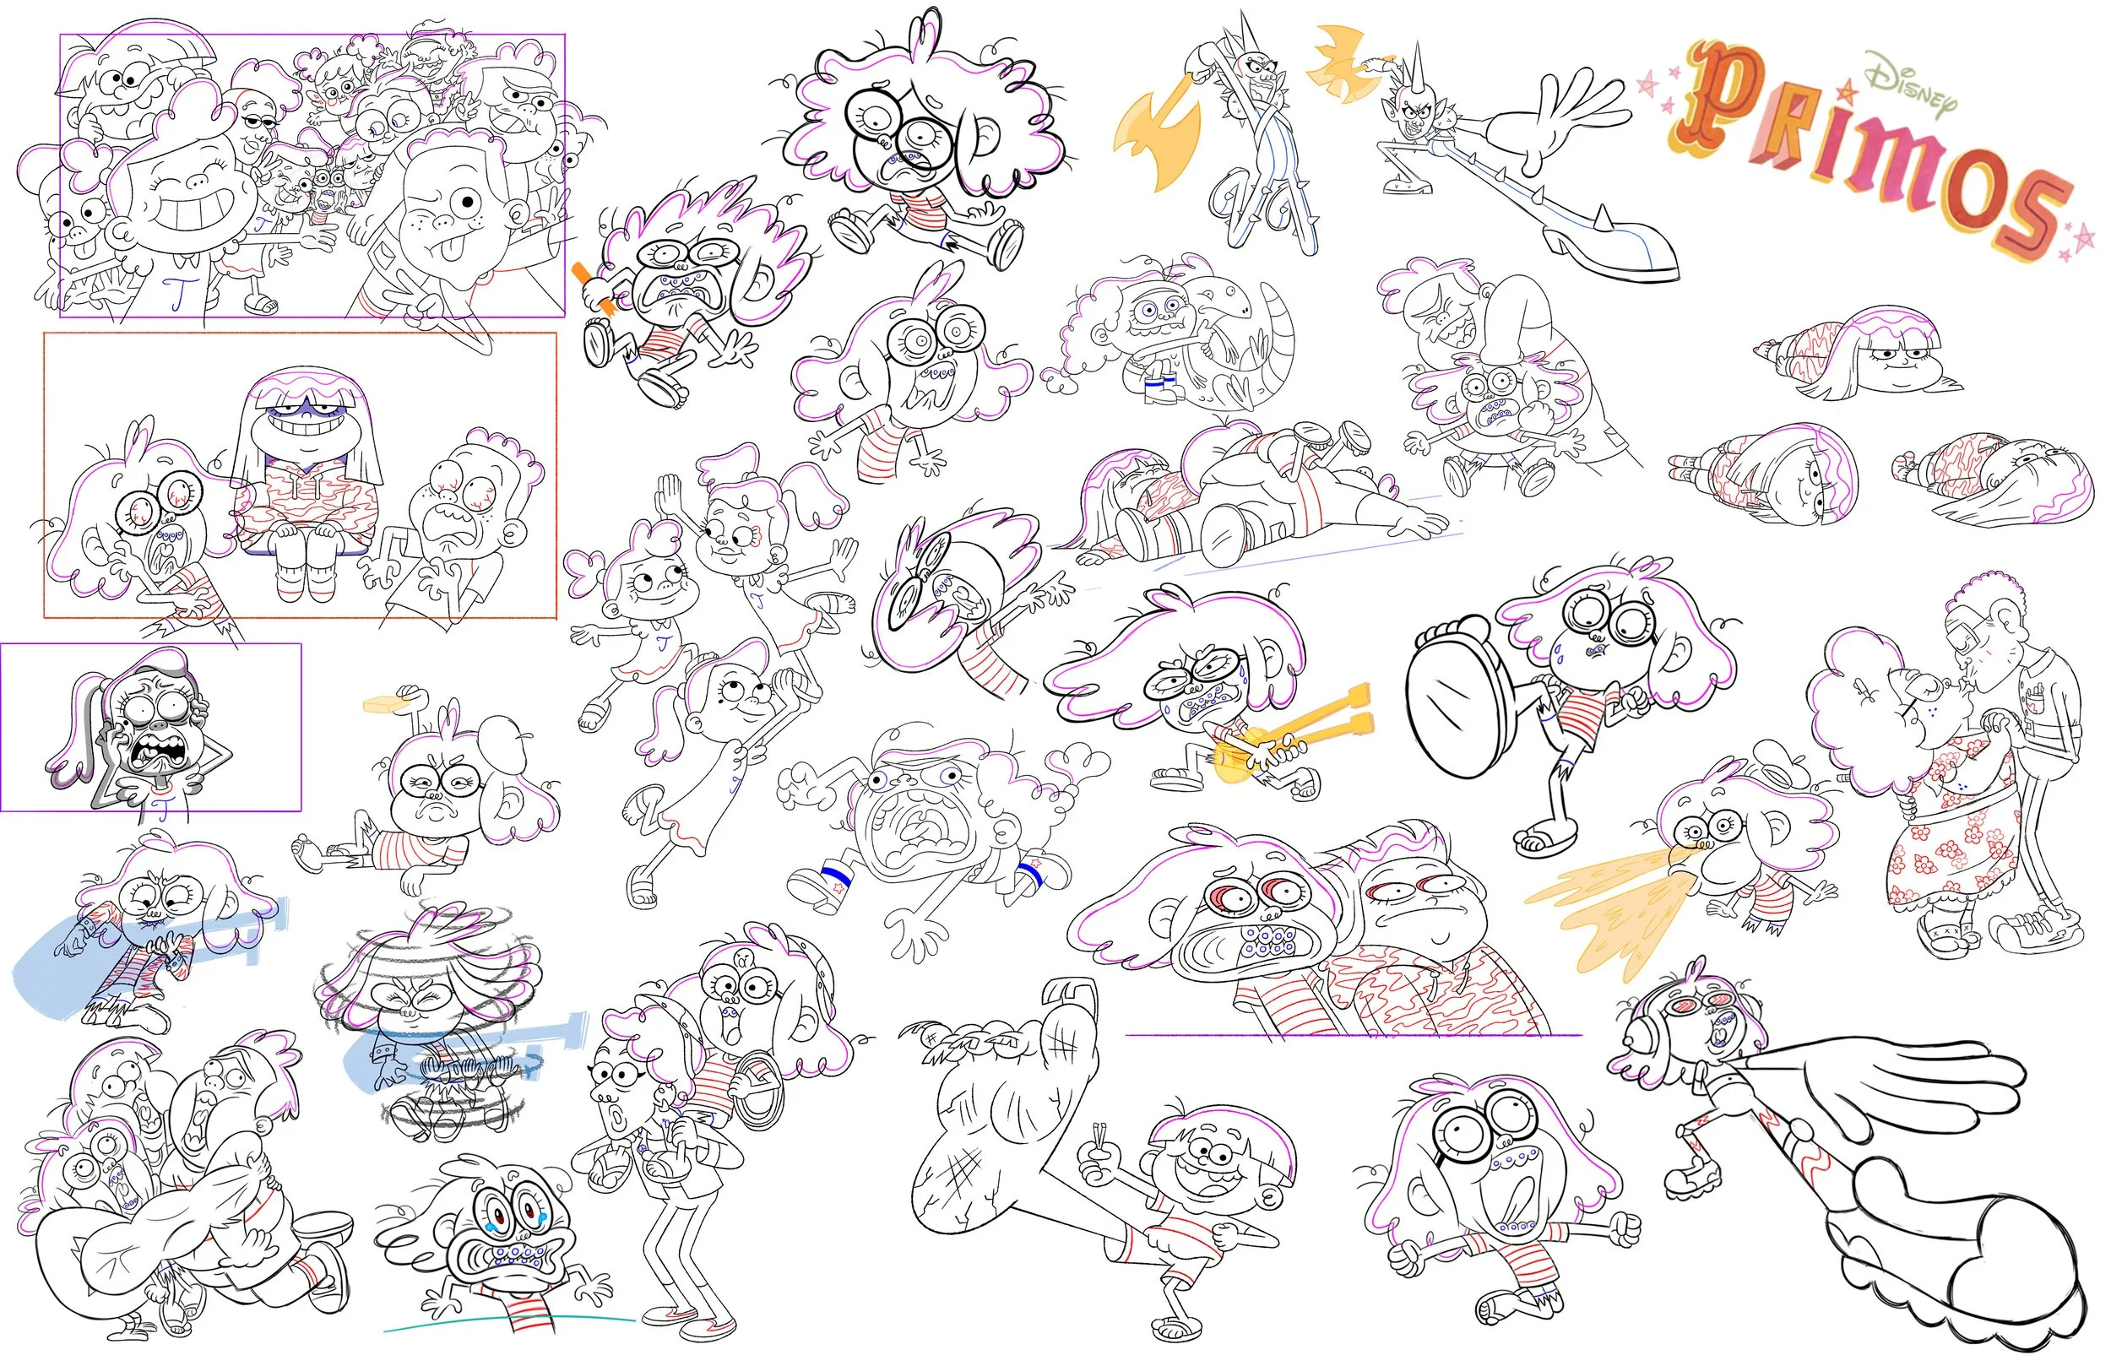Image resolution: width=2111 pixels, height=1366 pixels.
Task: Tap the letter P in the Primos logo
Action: click(1725, 93)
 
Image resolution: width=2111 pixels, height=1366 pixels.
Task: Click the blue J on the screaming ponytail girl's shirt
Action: click(160, 806)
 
